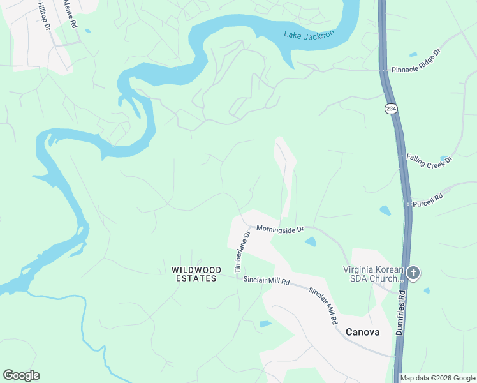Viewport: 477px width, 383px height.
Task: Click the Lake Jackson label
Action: click(x=309, y=35)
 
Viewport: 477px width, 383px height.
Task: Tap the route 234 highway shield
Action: click(x=390, y=109)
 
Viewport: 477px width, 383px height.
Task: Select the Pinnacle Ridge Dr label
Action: click(x=416, y=61)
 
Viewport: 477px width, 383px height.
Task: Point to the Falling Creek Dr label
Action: click(x=429, y=160)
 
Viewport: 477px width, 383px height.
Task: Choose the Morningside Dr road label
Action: click(x=281, y=229)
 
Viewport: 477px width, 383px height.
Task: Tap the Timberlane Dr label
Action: click(x=244, y=252)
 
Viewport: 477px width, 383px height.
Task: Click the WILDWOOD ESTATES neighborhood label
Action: click(x=196, y=274)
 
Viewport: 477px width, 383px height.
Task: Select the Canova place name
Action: click(x=362, y=332)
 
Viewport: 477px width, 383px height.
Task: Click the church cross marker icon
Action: click(x=413, y=273)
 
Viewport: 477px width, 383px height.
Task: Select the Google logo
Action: click(x=21, y=375)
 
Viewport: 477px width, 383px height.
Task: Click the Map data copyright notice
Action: click(x=437, y=378)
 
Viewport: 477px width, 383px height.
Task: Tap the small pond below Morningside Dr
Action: click(x=310, y=241)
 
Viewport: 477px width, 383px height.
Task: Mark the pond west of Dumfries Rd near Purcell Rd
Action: click(x=385, y=210)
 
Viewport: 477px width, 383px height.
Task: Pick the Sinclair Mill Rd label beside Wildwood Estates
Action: click(x=267, y=281)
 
